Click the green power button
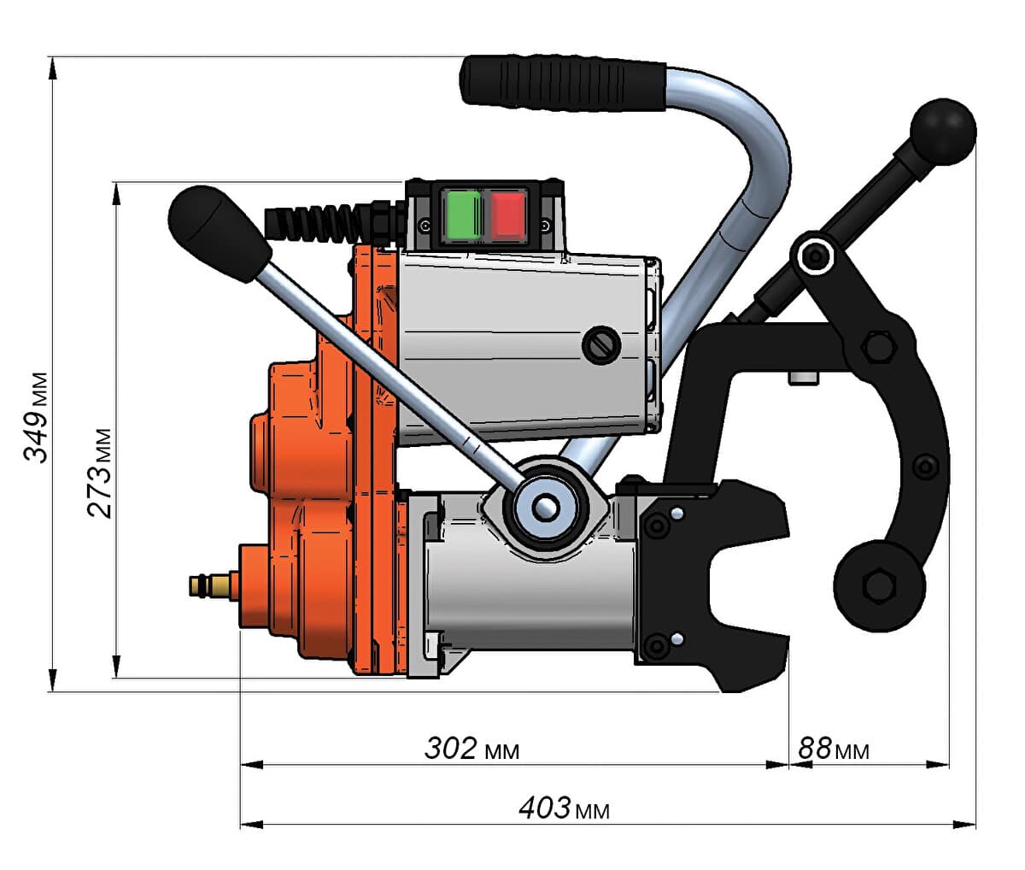(x=464, y=215)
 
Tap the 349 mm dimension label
(x=37, y=417)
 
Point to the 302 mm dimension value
(x=471, y=749)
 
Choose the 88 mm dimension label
(x=833, y=749)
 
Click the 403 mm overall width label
(x=564, y=808)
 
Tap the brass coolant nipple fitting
(x=214, y=585)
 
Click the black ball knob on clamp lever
(x=943, y=132)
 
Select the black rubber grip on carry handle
(x=564, y=84)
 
